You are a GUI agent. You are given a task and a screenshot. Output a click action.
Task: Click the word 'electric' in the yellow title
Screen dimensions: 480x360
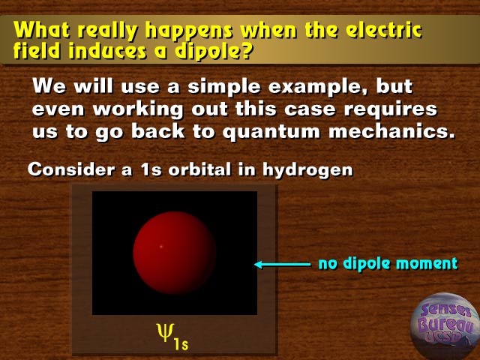click(x=385, y=30)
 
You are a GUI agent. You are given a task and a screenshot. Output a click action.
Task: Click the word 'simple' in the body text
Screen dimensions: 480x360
click(x=224, y=87)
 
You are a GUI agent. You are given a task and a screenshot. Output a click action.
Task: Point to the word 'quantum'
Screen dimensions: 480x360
click(x=271, y=132)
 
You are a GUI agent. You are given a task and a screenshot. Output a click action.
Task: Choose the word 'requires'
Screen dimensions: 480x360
click(x=390, y=109)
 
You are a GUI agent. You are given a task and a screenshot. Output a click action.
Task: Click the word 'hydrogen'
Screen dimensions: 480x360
click(x=307, y=170)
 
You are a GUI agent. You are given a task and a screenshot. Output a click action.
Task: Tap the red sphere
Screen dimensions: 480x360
click(x=175, y=253)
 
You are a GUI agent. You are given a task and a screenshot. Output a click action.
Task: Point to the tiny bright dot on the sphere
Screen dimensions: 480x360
click(x=162, y=247)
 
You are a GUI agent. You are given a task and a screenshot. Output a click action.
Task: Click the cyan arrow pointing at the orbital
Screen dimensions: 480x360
click(x=283, y=264)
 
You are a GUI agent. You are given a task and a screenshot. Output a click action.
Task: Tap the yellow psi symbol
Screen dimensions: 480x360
click(x=165, y=333)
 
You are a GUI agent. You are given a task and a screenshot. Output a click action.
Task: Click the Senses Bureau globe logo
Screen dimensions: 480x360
click(x=445, y=326)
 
